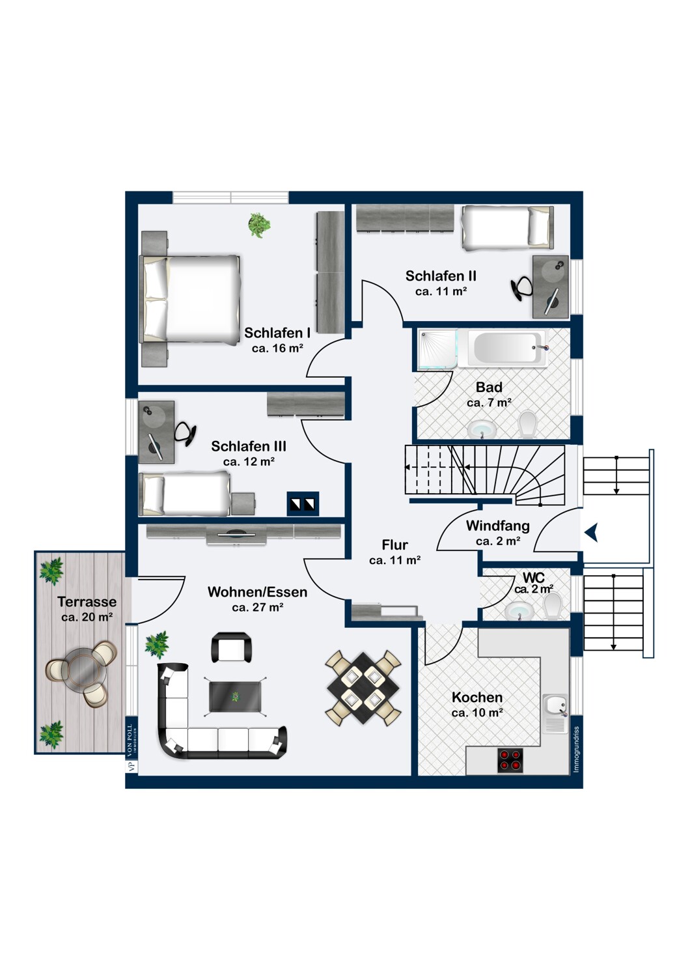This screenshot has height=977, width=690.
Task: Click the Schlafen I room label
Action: click(x=277, y=333)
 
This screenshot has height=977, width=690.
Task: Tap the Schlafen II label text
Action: click(x=441, y=276)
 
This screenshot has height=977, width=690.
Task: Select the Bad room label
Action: click(x=489, y=387)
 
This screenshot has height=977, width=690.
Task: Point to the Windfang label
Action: click(x=498, y=526)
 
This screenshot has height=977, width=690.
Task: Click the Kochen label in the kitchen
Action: click(x=477, y=697)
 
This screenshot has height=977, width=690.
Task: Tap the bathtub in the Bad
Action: click(x=507, y=348)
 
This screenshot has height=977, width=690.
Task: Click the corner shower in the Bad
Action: click(x=438, y=349)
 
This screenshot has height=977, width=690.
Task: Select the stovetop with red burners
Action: click(x=510, y=760)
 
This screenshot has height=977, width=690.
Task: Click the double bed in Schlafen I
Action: click(x=189, y=299)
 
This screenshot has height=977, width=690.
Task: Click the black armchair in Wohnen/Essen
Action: click(x=231, y=647)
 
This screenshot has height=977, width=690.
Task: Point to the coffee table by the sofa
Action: click(x=235, y=696)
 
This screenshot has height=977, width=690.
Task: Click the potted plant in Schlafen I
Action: click(x=259, y=225)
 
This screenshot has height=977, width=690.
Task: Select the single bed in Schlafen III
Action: click(x=185, y=494)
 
